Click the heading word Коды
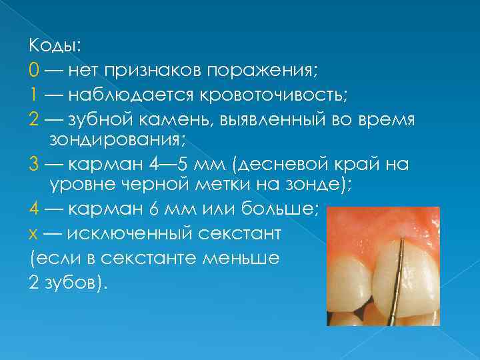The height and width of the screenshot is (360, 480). tap(54, 45)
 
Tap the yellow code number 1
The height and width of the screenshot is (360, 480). tap(33, 94)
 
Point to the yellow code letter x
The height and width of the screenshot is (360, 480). tap(33, 234)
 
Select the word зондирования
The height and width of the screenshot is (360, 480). tap(118, 141)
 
